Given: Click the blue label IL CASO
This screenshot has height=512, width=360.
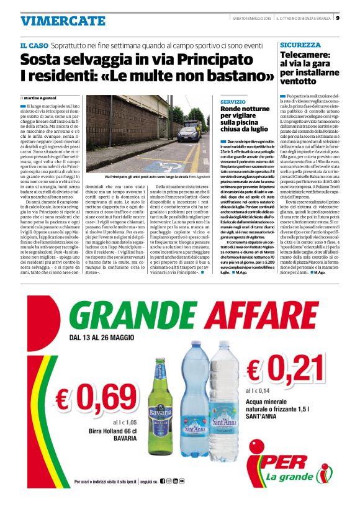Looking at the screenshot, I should coord(35,47).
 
